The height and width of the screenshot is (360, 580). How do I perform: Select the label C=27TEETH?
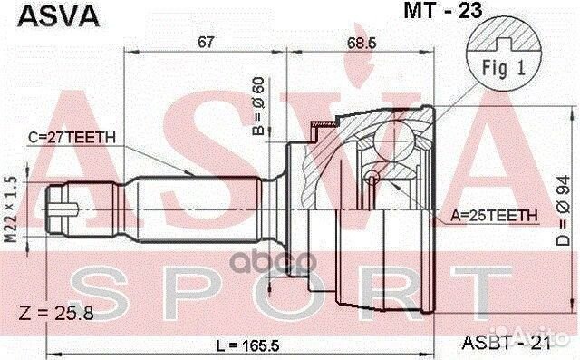pyautogui.click(x=72, y=138)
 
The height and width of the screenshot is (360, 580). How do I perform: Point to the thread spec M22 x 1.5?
pyautogui.click(x=10, y=208)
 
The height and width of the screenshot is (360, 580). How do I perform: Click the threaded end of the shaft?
pyautogui.click(x=63, y=206)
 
